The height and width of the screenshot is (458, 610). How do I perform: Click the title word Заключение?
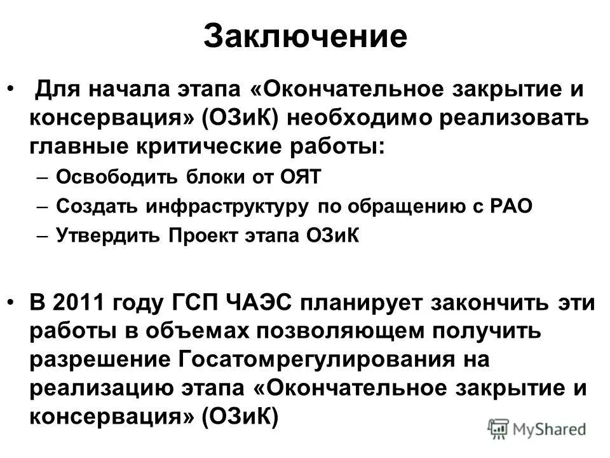point(305,36)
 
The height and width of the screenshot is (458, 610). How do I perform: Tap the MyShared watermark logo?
point(538,428)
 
